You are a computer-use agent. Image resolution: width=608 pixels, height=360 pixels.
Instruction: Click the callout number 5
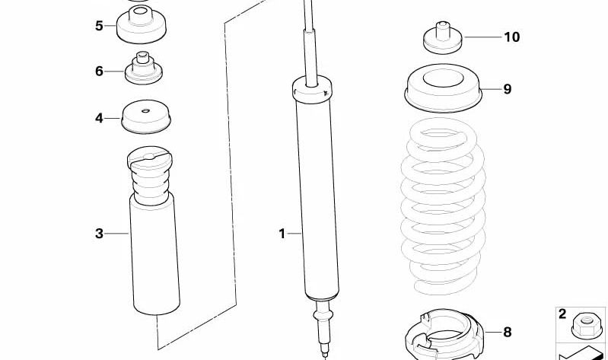[99, 26]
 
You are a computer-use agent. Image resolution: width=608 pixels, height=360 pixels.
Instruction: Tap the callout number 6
[99, 72]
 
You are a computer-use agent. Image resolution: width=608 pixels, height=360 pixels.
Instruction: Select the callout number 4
[99, 118]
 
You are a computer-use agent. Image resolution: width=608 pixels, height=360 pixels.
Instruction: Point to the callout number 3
[99, 234]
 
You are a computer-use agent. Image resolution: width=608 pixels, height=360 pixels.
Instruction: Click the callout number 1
[282, 234]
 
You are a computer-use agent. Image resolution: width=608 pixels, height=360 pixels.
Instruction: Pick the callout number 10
[512, 37]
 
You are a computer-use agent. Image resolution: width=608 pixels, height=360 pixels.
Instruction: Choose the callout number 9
[508, 89]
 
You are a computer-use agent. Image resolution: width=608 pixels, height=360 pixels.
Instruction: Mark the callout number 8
[508, 332]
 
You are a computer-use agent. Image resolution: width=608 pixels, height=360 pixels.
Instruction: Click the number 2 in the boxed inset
[562, 314]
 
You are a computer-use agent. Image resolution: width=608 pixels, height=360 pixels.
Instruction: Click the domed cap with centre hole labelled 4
[146, 116]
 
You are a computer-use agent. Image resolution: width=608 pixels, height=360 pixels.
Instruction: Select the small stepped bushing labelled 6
[144, 68]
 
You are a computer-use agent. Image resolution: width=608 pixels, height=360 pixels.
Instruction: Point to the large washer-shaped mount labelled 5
[142, 24]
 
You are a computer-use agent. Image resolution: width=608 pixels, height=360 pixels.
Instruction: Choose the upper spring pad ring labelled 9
[442, 88]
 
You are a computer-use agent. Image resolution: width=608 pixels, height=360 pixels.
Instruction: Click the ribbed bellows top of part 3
[151, 175]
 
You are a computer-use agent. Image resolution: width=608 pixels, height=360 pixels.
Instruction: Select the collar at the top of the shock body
[312, 90]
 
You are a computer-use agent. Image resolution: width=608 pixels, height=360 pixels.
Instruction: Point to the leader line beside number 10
[482, 37]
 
